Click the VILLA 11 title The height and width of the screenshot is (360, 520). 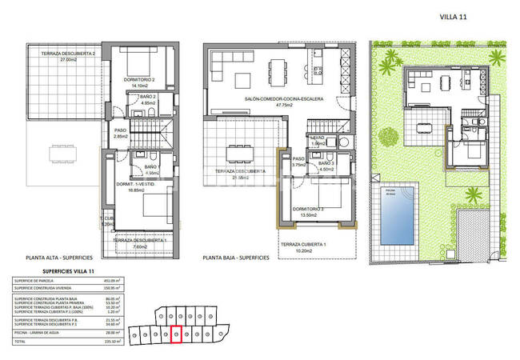tap(454, 16)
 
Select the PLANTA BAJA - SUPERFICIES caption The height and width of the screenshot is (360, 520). tap(237, 258)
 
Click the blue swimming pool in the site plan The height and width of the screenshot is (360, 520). tap(398, 214)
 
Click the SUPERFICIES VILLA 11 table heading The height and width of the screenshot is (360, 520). tap(60, 273)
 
